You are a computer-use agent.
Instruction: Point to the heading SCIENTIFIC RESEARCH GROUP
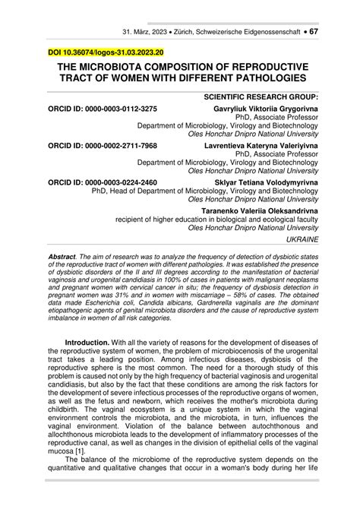coord(262,98)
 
